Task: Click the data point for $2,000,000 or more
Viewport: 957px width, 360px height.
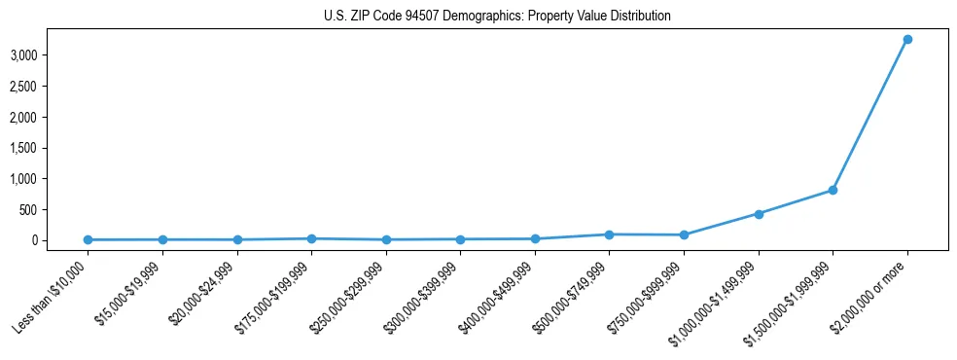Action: pyautogui.click(x=907, y=40)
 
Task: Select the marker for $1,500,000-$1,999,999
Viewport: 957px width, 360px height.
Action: pyautogui.click(x=833, y=191)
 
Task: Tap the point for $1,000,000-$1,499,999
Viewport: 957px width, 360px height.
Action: pyautogui.click(x=759, y=214)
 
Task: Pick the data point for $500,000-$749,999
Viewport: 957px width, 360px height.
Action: pyautogui.click(x=609, y=234)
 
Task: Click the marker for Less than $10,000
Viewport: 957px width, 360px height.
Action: pyautogui.click(x=88, y=239)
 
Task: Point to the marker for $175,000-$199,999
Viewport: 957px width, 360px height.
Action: pyautogui.click(x=311, y=238)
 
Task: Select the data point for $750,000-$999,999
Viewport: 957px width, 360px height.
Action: pyautogui.click(x=684, y=234)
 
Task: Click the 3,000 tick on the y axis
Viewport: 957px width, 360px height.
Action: pyautogui.click(x=23, y=55)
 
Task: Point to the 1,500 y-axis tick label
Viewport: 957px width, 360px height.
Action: pyautogui.click(x=23, y=148)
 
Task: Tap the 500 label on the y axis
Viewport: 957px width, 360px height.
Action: pyautogui.click(x=28, y=209)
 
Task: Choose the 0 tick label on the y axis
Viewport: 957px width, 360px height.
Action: pyautogui.click(x=33, y=240)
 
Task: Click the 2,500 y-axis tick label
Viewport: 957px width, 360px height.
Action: pyautogui.click(x=23, y=87)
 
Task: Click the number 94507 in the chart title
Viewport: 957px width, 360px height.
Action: pyautogui.click(x=428, y=17)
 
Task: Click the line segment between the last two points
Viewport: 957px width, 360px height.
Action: pyautogui.click(x=870, y=115)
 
